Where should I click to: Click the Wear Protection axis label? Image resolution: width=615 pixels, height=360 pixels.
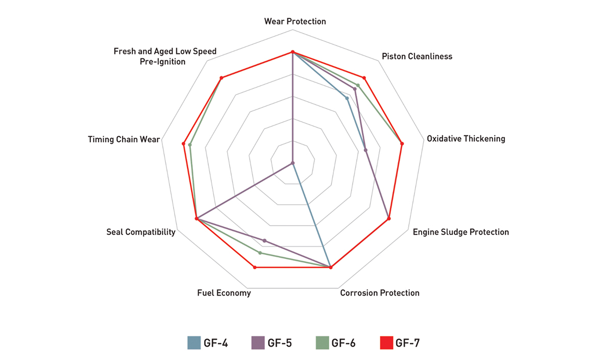pos(295,21)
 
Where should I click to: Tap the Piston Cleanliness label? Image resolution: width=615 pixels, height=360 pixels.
pos(417,57)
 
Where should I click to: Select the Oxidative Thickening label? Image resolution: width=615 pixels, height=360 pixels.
pos(465,138)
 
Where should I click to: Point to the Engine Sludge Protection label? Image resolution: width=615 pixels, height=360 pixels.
pos(460,232)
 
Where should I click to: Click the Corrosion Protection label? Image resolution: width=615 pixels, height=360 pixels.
pos(380,293)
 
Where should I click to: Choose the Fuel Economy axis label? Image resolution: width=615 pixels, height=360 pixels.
pos(224,293)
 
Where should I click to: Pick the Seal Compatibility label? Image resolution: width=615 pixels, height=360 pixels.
pos(141,232)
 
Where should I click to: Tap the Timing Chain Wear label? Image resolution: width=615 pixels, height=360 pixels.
pos(124,139)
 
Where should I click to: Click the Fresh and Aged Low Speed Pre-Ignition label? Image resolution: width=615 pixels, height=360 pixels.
pos(165,56)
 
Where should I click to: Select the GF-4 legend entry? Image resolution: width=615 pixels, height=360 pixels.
pos(207,343)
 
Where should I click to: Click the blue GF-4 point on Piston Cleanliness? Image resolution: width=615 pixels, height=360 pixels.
pos(347,98)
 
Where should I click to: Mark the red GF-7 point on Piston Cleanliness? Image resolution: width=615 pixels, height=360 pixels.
pos(364,78)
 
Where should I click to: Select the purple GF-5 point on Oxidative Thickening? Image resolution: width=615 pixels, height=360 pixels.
pos(365,150)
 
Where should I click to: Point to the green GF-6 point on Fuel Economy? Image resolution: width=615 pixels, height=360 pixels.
pos(260,253)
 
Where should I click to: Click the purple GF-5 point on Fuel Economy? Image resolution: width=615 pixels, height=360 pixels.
pos(264,240)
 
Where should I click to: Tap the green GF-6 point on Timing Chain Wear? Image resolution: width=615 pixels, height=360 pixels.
pos(190,145)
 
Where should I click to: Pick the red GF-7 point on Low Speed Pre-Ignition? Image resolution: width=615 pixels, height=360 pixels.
pos(222,78)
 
